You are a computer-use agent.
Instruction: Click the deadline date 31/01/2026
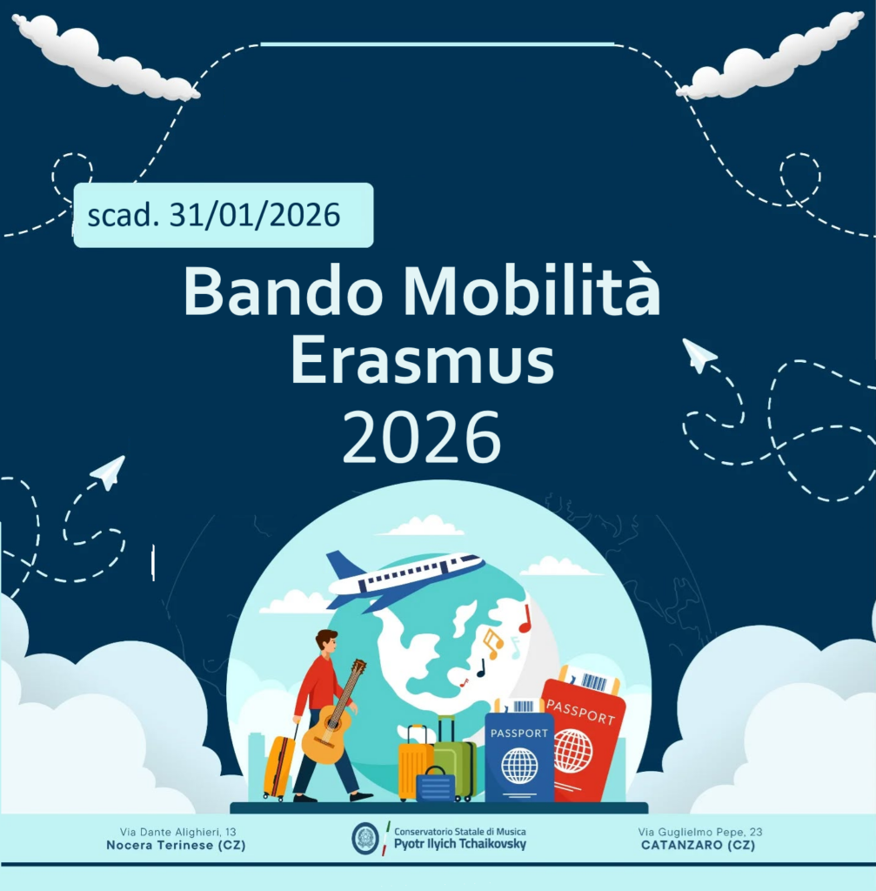(255, 215)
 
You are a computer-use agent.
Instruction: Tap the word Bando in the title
(283, 291)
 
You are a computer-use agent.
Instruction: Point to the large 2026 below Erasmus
(422, 437)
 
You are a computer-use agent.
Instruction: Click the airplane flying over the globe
(405, 578)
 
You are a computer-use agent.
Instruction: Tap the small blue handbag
(435, 785)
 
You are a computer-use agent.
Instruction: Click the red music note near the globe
(525, 620)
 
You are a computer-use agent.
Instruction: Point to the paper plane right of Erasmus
(699, 355)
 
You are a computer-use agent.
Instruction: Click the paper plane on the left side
(109, 472)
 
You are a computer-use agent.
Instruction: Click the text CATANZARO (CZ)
(699, 845)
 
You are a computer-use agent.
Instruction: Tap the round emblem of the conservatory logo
(365, 838)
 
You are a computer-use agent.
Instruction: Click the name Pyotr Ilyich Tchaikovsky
(460, 844)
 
